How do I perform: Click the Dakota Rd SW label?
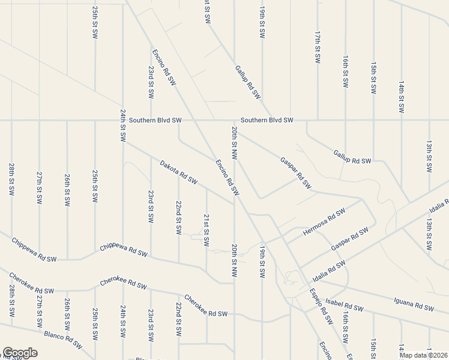point(178,172)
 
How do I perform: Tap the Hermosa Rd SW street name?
point(324,222)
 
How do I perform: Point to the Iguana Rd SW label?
point(414,305)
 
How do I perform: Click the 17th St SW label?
point(316,49)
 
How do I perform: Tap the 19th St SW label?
point(262,261)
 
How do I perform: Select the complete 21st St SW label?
point(206,230)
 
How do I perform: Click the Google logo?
point(19,353)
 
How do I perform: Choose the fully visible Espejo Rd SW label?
point(322,306)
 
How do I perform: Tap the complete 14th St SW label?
point(401,96)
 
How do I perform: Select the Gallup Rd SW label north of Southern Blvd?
point(248,82)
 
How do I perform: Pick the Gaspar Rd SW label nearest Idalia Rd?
point(349,239)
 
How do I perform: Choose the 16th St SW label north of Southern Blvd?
point(346,71)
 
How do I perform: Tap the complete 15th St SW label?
point(373,78)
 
